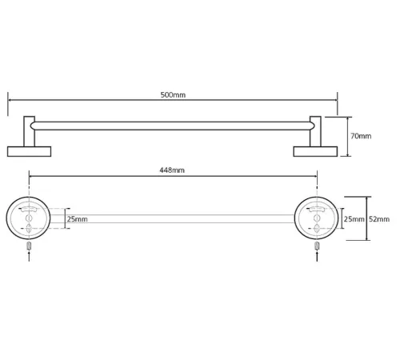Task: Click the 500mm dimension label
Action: pyautogui.click(x=173, y=95)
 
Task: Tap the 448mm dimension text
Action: pyautogui.click(x=172, y=170)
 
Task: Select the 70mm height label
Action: pyautogui.click(x=361, y=136)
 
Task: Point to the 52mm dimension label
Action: pyautogui.click(x=379, y=219)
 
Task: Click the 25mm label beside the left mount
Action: pyautogui.click(x=77, y=219)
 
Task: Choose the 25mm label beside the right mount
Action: pyautogui.click(x=354, y=219)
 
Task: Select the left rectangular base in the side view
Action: pyautogui.click(x=29, y=151)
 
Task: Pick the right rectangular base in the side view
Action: pyautogui.click(x=315, y=151)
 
